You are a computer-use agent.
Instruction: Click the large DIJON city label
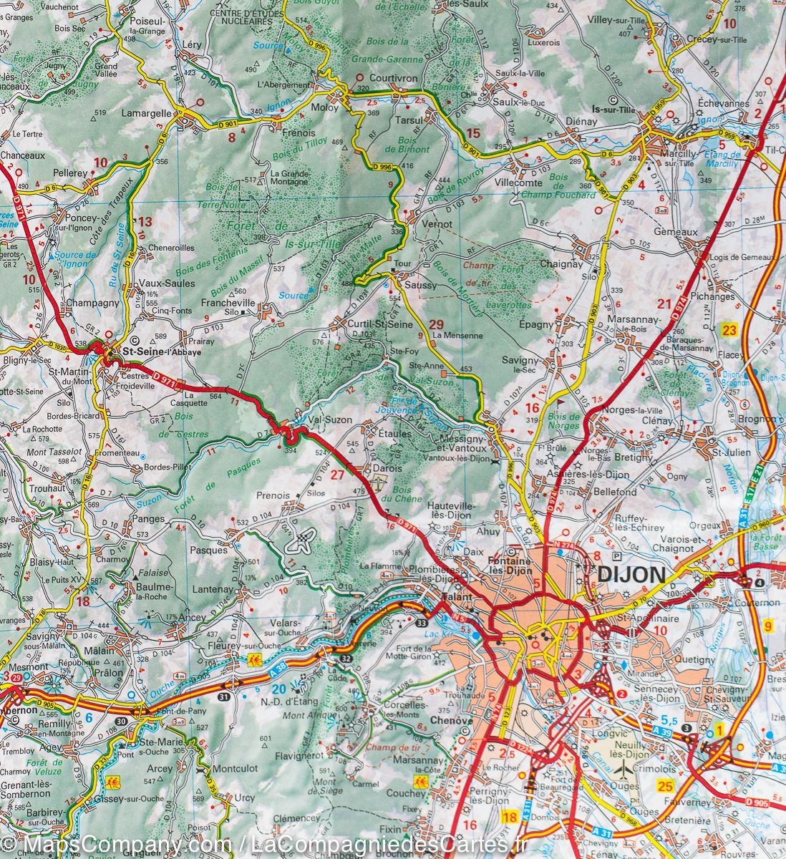(631, 574)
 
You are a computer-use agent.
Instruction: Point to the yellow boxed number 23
(729, 330)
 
